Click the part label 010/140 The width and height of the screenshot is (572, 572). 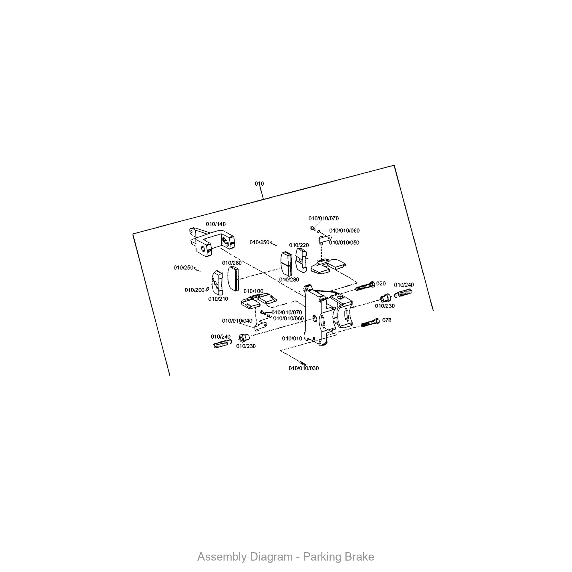point(216,224)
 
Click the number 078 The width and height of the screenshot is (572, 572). point(387,320)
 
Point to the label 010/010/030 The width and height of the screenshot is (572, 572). point(304,368)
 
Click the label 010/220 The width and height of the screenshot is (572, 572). point(299,245)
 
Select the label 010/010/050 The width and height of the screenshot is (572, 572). point(344,243)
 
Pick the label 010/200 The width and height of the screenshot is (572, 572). point(194,290)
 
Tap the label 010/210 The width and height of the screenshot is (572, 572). point(218,299)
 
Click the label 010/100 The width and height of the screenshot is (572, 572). point(253,291)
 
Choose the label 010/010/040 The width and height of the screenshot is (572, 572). point(237,321)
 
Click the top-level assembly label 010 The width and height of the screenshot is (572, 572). point(259,184)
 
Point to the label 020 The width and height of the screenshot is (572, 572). point(381,283)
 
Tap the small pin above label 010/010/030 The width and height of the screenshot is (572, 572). point(303,363)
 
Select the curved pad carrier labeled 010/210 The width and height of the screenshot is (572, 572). point(218,283)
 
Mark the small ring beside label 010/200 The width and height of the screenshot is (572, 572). point(207,289)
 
